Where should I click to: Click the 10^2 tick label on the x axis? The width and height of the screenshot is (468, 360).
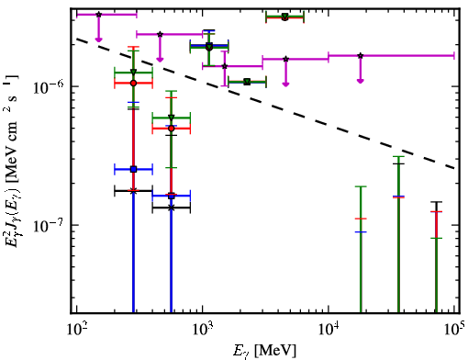(77, 330)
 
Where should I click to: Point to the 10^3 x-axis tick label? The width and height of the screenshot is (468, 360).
(203, 330)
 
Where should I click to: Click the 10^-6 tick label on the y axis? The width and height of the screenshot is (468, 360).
(49, 86)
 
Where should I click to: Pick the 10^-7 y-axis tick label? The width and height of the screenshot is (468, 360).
(49, 226)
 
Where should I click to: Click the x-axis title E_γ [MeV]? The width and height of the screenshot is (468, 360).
(264, 351)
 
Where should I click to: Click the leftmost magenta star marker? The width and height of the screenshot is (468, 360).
(98, 15)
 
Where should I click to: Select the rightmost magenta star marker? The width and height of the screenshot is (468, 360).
(361, 56)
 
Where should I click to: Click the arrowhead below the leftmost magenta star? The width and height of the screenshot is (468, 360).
(98, 39)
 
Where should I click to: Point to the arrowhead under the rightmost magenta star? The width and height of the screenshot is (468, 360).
(361, 81)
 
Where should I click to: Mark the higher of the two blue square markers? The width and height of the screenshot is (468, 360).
(133, 169)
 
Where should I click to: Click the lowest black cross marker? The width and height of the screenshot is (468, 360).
(172, 208)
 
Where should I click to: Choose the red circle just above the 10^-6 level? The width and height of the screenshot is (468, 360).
(133, 83)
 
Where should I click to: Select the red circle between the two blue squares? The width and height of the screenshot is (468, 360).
(172, 129)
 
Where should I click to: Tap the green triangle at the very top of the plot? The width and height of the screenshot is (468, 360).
(285, 16)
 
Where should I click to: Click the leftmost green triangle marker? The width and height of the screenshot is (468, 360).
(133, 73)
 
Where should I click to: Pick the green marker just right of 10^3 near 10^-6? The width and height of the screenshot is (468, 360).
(247, 82)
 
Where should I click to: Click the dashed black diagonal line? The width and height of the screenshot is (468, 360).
(266, 104)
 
